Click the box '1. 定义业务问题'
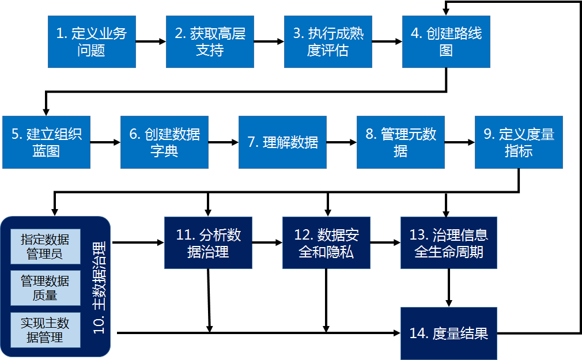point(92,41)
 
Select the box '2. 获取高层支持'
point(210,41)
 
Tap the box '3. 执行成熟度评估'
point(328,41)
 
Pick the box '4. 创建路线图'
point(446,41)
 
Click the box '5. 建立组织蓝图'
point(46,142)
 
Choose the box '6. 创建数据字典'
point(164,142)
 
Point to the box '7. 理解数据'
point(282,142)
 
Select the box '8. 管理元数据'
point(400,142)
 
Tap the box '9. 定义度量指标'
point(519,142)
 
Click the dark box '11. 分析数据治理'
point(208,242)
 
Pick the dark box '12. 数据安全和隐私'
point(326,242)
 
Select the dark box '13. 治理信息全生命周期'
point(449,242)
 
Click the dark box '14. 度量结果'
point(449,333)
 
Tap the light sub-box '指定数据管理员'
point(46,246)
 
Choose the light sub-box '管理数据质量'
point(46,288)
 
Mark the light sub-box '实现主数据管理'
point(46,330)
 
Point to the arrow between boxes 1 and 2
point(151,41)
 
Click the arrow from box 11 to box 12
point(267,242)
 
